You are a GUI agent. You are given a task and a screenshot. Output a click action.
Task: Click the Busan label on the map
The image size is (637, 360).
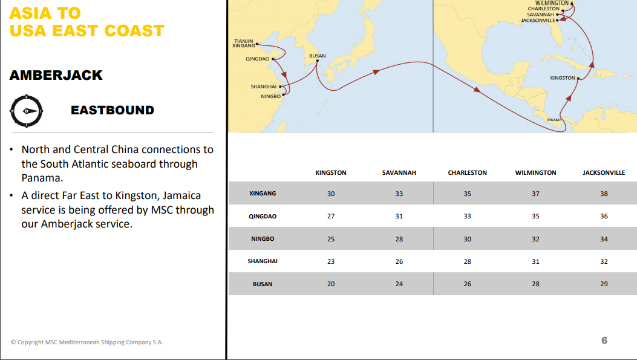click(318, 56)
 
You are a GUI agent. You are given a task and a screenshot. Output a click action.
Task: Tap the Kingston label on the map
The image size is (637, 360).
click(563, 78)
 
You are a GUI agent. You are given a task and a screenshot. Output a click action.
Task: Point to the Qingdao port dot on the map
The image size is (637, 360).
click(274, 59)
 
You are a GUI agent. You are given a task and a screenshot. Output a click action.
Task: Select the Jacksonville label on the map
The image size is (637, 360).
click(538, 21)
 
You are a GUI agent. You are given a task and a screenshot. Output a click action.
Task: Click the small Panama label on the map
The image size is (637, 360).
click(554, 120)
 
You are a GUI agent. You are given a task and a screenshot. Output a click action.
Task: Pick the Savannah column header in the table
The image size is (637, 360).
click(399, 173)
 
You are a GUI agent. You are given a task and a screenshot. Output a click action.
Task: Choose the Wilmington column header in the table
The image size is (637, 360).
click(535, 173)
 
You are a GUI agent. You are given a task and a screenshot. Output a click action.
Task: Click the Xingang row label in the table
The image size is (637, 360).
click(263, 194)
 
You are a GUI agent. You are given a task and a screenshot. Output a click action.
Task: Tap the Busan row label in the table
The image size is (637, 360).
click(263, 284)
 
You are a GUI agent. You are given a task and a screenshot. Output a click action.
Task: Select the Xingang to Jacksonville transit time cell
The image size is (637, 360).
click(604, 194)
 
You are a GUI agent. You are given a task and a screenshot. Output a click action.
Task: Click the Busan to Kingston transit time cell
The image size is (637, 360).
click(331, 284)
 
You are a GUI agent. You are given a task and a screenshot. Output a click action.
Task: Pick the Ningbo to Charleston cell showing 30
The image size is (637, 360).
click(467, 239)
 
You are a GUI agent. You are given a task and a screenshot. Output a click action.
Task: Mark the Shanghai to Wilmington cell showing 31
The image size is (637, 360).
click(535, 261)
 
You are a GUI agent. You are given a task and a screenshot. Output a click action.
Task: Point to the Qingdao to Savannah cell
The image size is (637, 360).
click(399, 216)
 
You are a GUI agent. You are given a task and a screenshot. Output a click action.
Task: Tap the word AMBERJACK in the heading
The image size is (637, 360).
click(56, 75)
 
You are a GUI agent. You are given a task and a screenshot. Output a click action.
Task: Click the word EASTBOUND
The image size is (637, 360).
click(113, 110)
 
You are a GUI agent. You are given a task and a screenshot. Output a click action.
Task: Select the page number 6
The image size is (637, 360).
click(604, 341)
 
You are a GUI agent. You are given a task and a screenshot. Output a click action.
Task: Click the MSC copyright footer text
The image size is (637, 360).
click(87, 342)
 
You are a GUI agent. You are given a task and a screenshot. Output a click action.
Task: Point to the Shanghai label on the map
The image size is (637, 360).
click(264, 87)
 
